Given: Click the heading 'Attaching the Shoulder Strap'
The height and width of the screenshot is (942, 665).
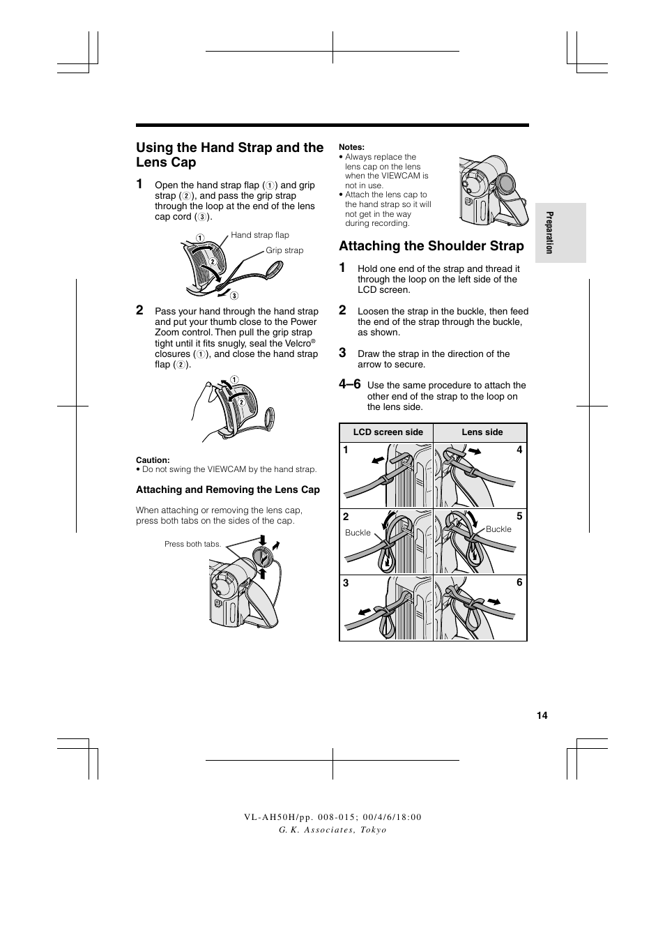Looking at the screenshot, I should point(431,245).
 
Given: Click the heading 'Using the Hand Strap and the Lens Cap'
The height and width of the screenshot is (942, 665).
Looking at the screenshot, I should point(229,155).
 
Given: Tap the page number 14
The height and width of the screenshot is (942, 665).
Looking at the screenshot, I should point(542,715).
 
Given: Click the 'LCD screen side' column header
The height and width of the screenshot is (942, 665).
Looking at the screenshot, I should point(388,432).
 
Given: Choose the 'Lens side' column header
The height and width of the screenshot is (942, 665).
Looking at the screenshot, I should point(482,432).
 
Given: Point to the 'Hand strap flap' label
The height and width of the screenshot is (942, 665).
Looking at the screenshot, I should point(259,235).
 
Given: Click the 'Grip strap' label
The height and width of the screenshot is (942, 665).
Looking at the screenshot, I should point(284,250).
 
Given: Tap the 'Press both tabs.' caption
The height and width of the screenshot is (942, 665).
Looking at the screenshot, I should point(192,544).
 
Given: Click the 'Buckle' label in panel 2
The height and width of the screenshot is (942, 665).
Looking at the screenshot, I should point(358,533).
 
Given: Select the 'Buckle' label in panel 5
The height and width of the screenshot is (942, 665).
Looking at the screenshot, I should point(498,529).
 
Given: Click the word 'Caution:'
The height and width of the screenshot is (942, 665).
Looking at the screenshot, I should point(153,460).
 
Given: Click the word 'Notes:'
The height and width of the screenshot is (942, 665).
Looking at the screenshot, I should point(351,147).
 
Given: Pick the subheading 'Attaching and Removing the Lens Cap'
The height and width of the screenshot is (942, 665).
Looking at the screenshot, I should point(227,489).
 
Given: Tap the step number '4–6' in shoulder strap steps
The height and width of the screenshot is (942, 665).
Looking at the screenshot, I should point(350,384).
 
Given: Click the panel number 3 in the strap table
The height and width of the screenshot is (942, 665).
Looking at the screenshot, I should point(346,583).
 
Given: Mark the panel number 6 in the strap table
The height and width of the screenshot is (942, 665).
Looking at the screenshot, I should point(519,583).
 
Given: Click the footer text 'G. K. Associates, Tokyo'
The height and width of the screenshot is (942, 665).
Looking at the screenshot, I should point(332,830).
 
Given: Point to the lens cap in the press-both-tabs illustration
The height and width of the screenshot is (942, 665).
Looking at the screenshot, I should point(263,558).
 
